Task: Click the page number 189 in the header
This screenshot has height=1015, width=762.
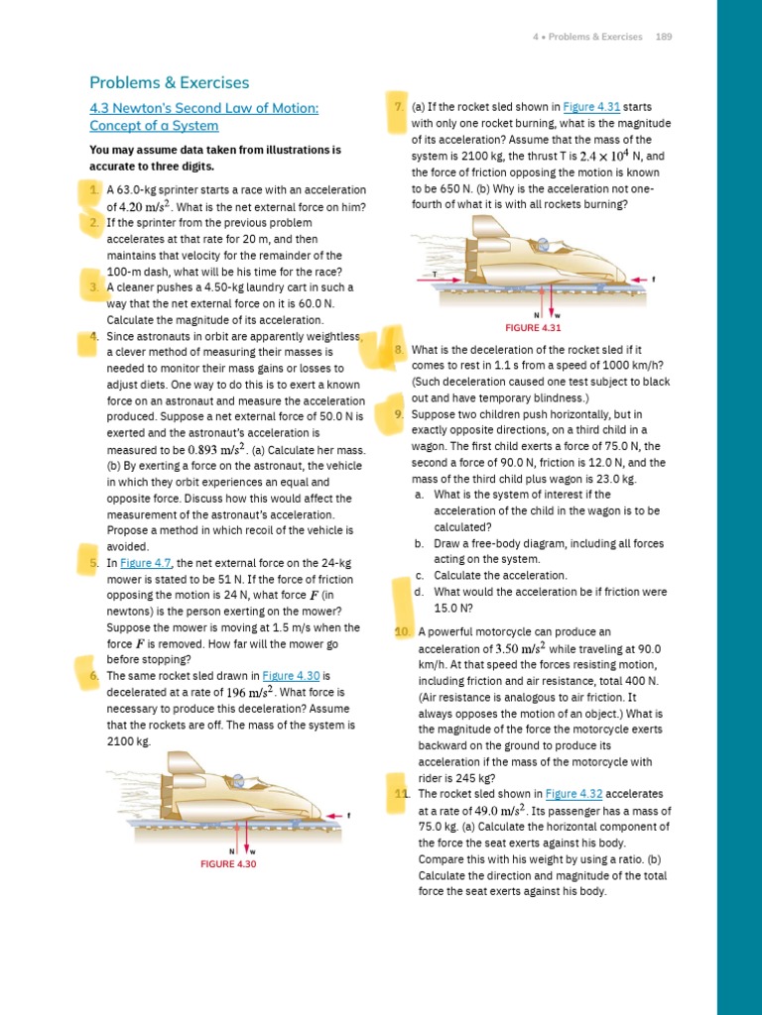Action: point(664,37)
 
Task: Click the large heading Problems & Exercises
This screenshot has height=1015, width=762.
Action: point(169,83)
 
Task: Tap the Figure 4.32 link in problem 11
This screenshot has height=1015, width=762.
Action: point(573,794)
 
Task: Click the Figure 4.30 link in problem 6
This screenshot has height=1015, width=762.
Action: point(290,676)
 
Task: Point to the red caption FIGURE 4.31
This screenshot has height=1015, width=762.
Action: point(534,327)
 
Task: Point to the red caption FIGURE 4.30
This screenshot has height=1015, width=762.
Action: point(228,863)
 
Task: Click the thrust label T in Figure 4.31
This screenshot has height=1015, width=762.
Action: point(435,274)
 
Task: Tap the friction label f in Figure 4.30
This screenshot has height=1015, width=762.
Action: point(349,816)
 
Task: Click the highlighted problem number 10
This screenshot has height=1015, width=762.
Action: point(402,631)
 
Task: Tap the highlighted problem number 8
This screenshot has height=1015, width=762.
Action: point(398,350)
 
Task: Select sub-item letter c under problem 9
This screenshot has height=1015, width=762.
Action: point(420,575)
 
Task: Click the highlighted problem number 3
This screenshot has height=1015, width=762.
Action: point(92,287)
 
